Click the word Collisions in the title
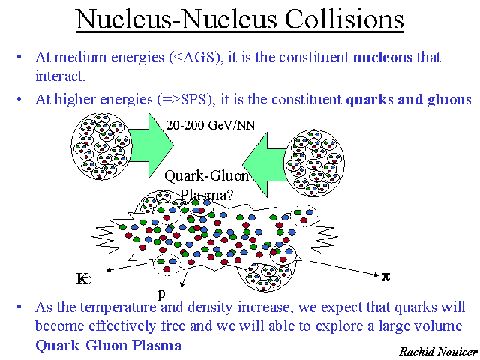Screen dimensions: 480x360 tap(344, 18)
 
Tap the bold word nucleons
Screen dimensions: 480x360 tap(382, 57)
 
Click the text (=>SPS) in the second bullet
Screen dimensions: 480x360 tap(184, 99)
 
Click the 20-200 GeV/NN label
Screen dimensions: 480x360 tap(211, 125)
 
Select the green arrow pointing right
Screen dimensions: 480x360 tap(151, 145)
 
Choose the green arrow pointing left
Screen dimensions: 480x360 tap(265, 165)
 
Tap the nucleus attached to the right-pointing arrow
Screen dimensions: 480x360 tap(102, 146)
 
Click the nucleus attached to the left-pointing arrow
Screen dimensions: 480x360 tap(314, 163)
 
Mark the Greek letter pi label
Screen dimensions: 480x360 tap(386, 277)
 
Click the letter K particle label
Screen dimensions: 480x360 tap(82, 278)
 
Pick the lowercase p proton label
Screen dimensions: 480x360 tap(162, 294)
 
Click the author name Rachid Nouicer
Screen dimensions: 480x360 tap(438, 352)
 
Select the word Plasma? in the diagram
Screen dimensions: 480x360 tap(207, 195)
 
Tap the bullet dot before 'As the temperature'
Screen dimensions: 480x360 tap(19, 307)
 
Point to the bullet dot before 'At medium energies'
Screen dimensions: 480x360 tap(19, 57)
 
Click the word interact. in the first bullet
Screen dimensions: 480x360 tap(60, 76)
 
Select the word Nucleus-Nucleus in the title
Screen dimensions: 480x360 tap(176, 18)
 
